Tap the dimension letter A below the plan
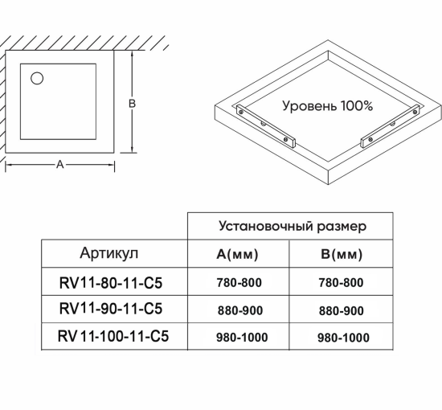tap(59, 165)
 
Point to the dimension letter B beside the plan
tap(133, 103)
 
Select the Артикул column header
tap(109, 253)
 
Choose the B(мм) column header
tap(342, 255)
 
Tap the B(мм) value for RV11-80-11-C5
tap(342, 283)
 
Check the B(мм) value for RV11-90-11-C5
tap(342, 310)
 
